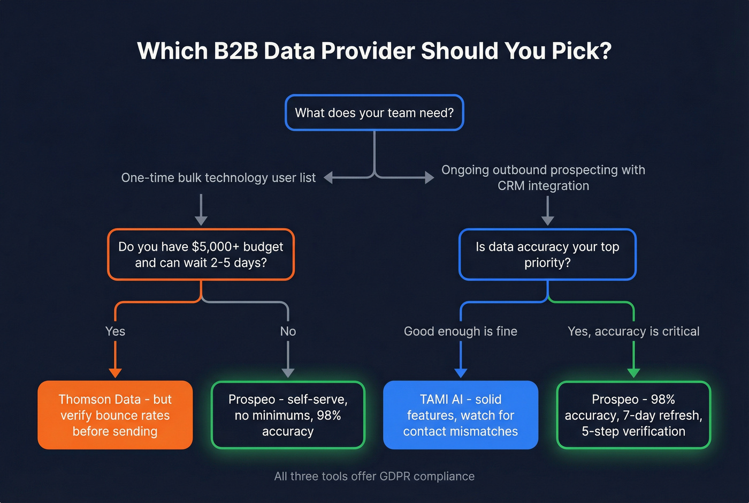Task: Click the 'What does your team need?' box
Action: [374, 113]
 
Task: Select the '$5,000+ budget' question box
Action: [201, 254]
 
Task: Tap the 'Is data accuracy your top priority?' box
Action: [547, 254]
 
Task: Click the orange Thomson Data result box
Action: [115, 415]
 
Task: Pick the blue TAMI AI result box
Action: [461, 415]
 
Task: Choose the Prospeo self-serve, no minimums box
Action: [288, 415]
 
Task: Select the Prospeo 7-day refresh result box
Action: [633, 415]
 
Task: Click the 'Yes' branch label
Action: [115, 332]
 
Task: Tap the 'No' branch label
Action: [288, 332]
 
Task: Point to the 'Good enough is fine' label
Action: [461, 332]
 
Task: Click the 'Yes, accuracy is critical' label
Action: [633, 332]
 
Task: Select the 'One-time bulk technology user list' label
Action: [218, 178]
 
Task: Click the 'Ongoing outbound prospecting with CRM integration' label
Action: [543, 178]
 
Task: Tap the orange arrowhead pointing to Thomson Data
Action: [115, 373]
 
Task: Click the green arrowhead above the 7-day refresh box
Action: [633, 373]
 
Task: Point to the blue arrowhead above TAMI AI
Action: [461, 373]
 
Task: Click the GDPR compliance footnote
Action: [374, 476]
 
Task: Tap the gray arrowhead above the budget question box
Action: [201, 220]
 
